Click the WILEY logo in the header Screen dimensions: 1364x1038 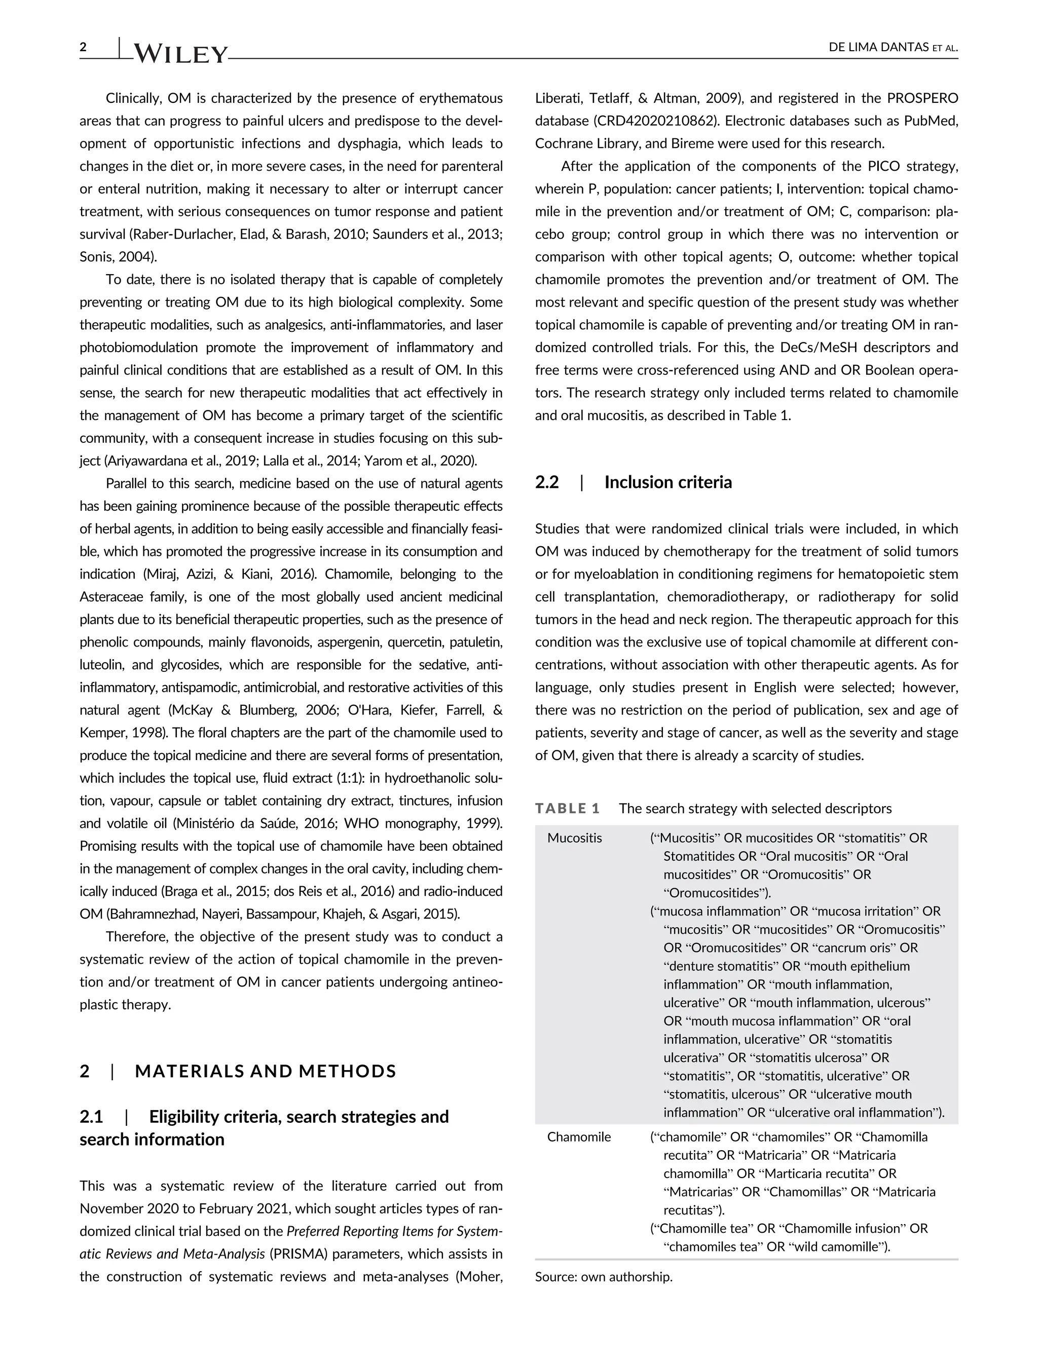180,54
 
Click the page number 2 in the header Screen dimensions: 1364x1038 84,47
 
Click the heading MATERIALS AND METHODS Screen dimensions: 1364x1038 266,1071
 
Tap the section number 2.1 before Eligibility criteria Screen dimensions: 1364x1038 91,1117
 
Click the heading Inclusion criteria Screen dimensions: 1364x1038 668,482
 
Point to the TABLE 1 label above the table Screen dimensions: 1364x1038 567,809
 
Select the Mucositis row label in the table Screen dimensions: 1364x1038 575,838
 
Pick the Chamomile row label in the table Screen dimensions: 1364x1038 579,1136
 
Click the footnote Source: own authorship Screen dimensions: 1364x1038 604,1277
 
